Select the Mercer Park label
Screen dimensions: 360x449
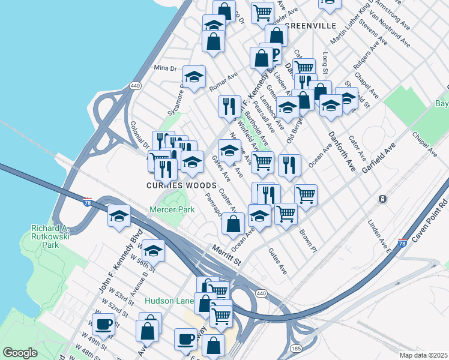click(168, 211)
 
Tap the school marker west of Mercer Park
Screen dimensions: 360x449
click(119, 214)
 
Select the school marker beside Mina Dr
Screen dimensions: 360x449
click(194, 77)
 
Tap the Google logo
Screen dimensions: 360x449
click(20, 353)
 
